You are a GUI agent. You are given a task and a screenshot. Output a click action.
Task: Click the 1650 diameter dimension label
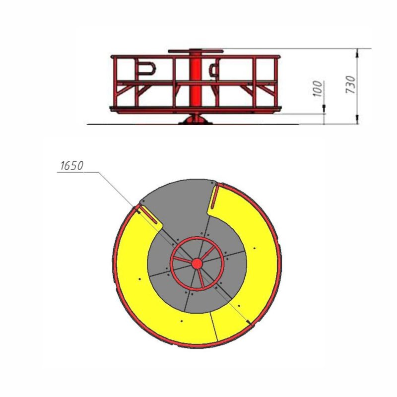click(72, 166)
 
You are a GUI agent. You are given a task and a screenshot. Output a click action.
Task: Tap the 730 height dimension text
click(351, 84)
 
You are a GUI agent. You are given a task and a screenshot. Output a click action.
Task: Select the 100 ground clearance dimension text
click(318, 89)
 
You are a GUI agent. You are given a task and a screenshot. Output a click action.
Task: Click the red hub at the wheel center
click(197, 264)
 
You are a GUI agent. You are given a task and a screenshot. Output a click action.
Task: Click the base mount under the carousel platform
click(195, 120)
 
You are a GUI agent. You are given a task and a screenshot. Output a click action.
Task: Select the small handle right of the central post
click(214, 68)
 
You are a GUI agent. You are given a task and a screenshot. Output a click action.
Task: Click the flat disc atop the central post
click(196, 51)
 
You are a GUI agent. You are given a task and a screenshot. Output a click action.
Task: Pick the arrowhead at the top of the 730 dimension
click(357, 52)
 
